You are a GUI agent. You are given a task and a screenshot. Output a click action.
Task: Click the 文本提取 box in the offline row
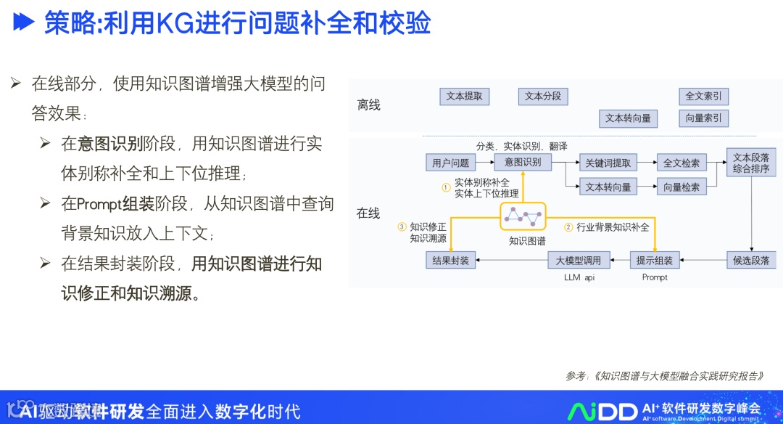click(x=465, y=97)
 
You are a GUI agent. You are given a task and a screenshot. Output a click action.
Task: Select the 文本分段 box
click(x=543, y=97)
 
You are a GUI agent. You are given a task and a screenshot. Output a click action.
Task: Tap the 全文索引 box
click(x=703, y=97)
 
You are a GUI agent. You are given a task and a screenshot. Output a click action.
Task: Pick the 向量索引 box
click(x=703, y=118)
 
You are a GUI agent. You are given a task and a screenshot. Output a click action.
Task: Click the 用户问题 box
click(x=450, y=163)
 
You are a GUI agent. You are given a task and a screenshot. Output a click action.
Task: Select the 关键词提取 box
click(x=608, y=163)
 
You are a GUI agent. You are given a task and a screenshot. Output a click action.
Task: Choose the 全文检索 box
click(x=681, y=163)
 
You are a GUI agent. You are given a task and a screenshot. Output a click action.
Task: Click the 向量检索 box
click(x=681, y=187)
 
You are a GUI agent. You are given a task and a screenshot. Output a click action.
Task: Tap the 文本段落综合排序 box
click(x=751, y=163)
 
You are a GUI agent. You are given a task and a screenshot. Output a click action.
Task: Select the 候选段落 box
click(x=751, y=260)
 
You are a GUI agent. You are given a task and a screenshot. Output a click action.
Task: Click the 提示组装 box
click(x=654, y=260)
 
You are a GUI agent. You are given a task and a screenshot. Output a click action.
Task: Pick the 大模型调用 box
click(x=579, y=260)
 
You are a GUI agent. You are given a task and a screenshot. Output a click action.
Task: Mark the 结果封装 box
click(x=450, y=260)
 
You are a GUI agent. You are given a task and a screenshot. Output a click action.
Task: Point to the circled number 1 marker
click(x=447, y=187)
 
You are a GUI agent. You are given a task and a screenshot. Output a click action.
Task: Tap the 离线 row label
click(x=368, y=105)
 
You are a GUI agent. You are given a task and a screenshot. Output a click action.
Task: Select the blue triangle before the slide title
click(x=25, y=23)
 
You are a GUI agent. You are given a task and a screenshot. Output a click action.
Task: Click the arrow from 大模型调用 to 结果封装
click(x=511, y=260)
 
